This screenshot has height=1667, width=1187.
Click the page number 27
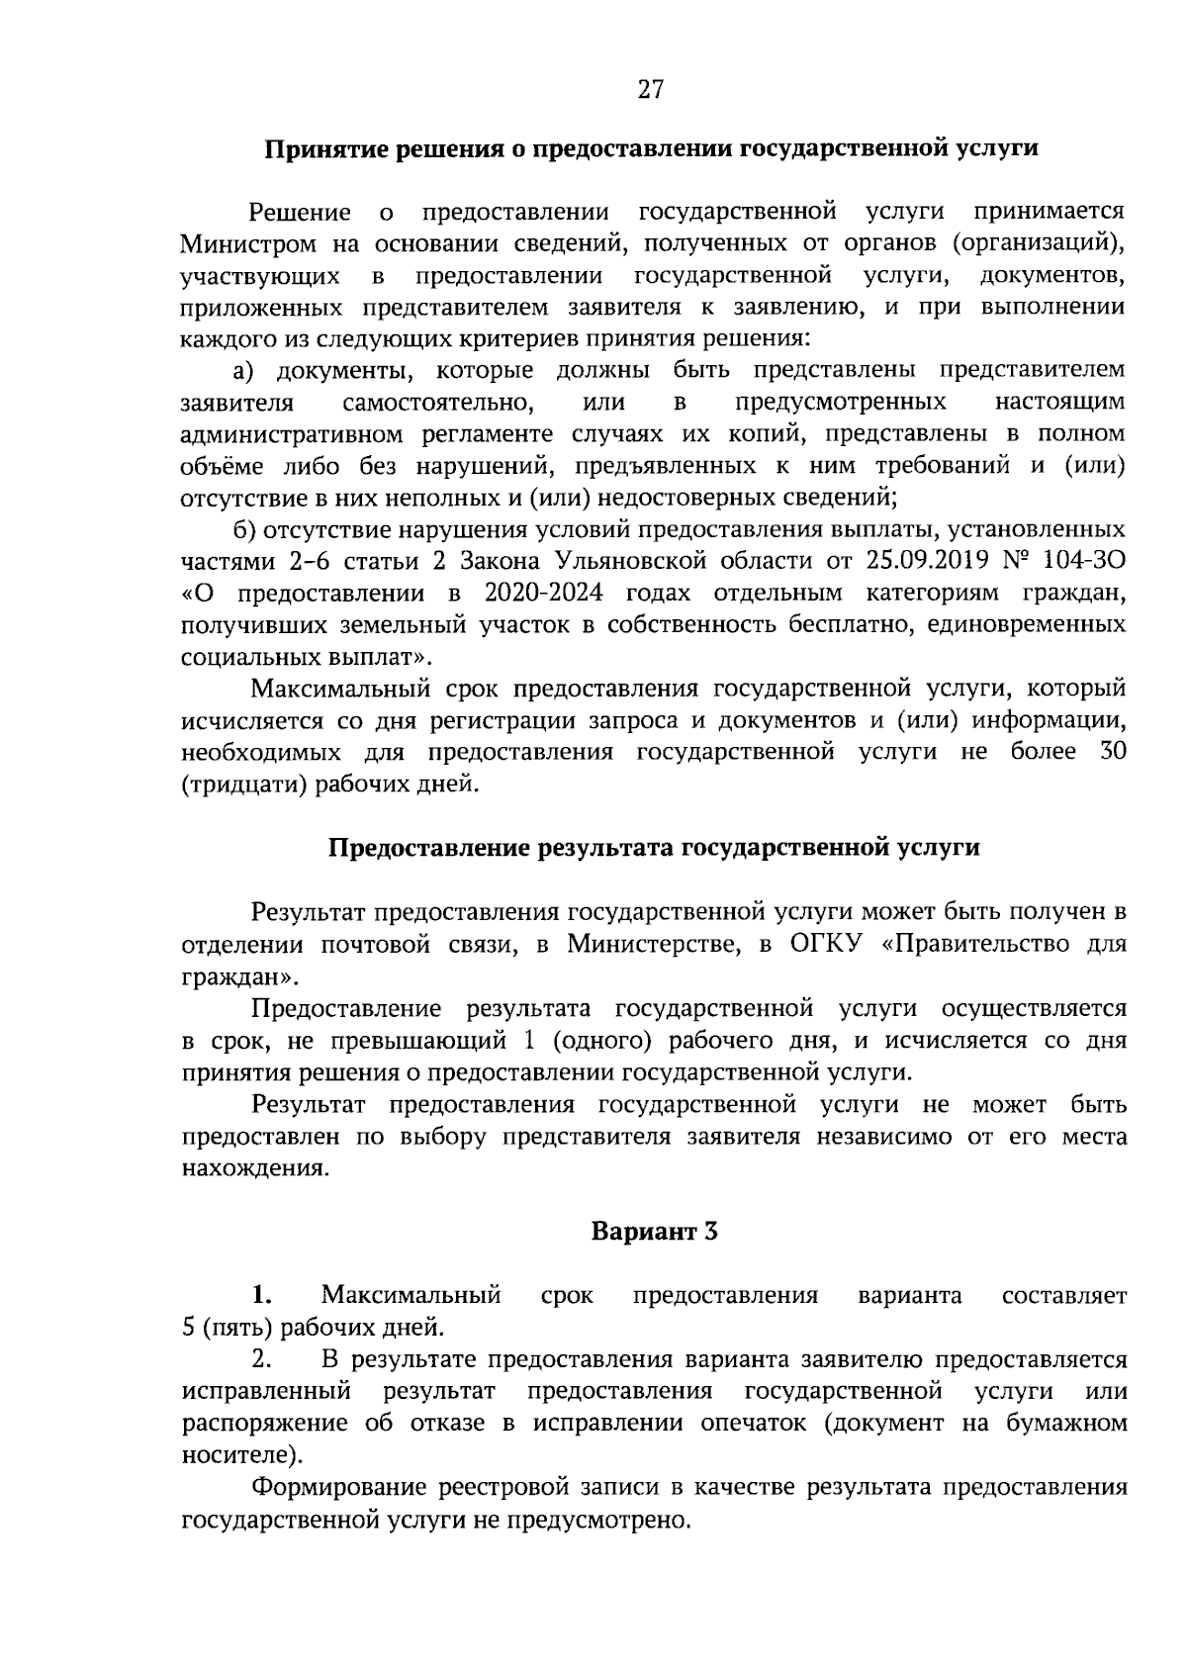coord(649,90)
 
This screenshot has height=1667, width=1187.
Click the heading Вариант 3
coord(654,1232)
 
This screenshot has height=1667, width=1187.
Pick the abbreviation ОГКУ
coord(828,944)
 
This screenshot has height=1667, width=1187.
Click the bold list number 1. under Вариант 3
coord(261,1295)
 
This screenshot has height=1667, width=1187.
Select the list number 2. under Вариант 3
coord(261,1359)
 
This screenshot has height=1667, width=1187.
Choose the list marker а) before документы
coord(244,371)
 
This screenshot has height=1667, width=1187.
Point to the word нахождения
coord(253,1168)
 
